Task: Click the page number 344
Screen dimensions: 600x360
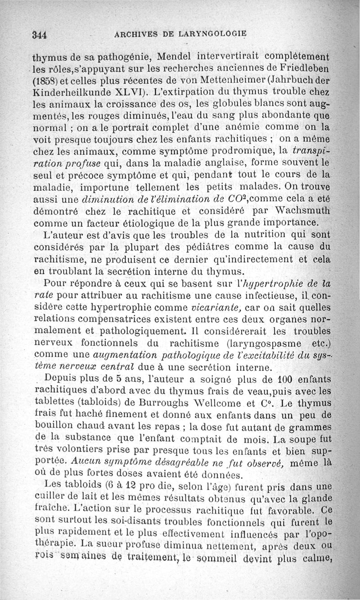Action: (40, 35)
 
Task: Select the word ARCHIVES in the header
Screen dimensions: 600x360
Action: (136, 34)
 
